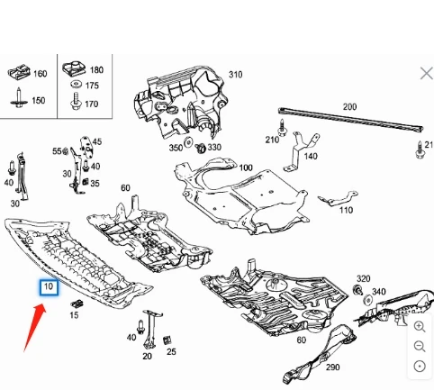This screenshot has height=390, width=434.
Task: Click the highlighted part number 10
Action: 49,287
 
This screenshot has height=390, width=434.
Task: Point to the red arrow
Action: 35,327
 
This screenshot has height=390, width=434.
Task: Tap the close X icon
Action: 427,74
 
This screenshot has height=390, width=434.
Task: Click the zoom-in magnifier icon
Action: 420,326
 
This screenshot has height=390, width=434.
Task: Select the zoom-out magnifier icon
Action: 420,346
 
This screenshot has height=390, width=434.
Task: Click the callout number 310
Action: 236,75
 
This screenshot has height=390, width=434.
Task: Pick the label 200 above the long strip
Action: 349,107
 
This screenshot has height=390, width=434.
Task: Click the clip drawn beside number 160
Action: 19,72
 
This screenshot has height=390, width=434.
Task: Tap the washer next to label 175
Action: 77,85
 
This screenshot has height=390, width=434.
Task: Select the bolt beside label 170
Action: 76,101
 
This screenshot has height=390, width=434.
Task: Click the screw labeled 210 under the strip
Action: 282,127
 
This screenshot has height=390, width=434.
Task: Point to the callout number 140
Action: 311,157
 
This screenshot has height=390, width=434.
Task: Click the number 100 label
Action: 246,168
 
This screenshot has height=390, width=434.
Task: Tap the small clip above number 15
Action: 77,304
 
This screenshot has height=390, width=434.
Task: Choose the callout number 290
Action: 333,367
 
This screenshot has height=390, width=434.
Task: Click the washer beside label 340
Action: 368,300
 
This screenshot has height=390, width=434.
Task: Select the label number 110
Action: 346,210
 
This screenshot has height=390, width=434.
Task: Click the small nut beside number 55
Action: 66,151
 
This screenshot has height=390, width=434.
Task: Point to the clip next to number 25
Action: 167,340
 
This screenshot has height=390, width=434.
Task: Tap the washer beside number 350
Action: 188,141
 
